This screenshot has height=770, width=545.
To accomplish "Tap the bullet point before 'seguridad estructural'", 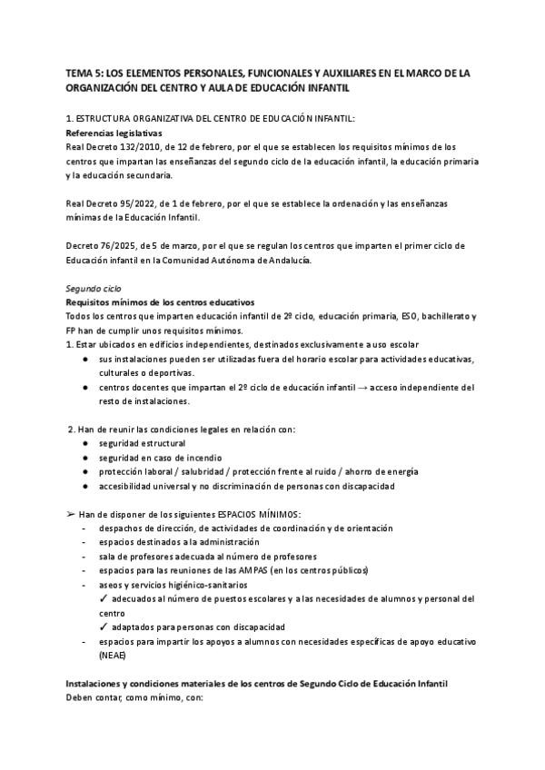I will click(x=84, y=444).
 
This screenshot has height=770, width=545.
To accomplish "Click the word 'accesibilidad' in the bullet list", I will click(x=129, y=486).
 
